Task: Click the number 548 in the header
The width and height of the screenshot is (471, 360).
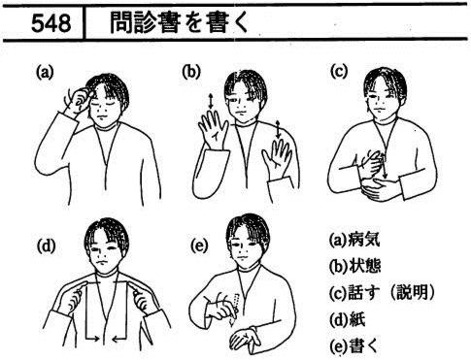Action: click(51, 23)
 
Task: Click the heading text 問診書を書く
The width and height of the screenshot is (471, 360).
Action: click(179, 22)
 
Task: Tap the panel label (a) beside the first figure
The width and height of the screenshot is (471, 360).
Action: click(44, 73)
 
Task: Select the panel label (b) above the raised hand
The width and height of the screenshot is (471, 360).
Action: click(191, 72)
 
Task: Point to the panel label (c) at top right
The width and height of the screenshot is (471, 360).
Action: click(339, 71)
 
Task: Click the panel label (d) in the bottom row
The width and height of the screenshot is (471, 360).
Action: click(46, 246)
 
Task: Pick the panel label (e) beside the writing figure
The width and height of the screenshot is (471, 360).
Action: click(199, 246)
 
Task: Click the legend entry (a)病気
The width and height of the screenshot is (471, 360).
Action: click(353, 240)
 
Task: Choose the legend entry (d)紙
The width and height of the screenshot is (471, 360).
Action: click(347, 319)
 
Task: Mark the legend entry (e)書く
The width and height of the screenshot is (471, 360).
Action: click(353, 345)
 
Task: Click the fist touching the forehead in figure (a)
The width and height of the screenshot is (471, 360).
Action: click(80, 99)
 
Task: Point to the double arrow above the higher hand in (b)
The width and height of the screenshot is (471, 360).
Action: click(211, 101)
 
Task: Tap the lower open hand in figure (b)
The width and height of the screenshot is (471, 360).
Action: click(276, 156)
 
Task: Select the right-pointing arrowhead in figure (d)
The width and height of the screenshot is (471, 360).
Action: click(97, 339)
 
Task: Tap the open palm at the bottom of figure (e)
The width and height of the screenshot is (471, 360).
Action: click(245, 339)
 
